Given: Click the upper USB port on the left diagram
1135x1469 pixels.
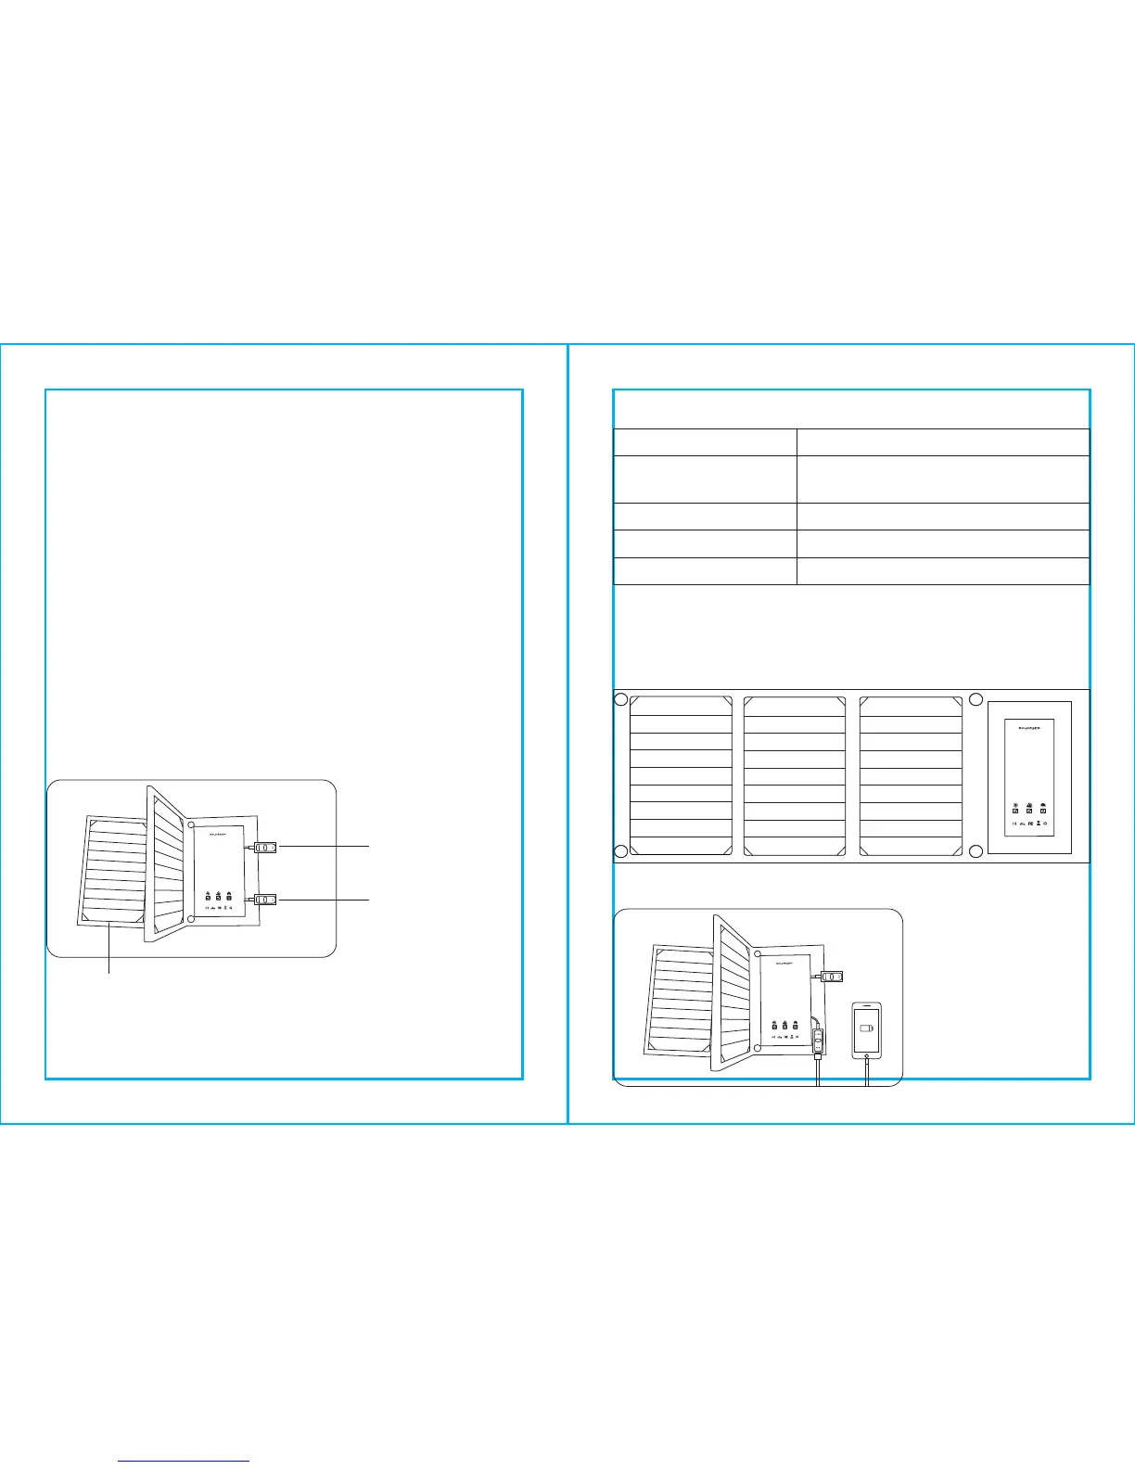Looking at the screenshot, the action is point(265,847).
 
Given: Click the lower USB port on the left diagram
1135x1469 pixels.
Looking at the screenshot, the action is point(265,899).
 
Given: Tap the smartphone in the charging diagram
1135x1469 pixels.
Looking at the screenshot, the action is point(866,1030).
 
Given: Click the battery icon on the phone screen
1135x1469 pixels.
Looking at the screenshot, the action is point(867,1028).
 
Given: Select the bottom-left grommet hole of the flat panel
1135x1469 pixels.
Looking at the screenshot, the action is point(622,851).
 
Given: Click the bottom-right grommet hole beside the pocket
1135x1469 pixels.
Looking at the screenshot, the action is point(976,851).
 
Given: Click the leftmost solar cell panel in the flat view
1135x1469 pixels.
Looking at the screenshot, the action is point(681,776).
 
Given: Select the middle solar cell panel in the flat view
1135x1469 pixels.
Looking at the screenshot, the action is point(795,776).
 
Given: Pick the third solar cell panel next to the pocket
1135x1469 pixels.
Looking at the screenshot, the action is point(911,776).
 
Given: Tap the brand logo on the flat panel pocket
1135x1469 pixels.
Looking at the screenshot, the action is point(1029,728).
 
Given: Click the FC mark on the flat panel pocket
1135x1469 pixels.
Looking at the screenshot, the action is point(1031,824).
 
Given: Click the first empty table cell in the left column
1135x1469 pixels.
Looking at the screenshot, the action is point(705,441).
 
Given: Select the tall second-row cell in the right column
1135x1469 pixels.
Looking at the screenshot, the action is point(942,479).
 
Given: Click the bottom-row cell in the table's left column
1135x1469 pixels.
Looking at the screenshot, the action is point(705,571).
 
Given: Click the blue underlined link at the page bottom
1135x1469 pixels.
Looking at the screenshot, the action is point(185,1461).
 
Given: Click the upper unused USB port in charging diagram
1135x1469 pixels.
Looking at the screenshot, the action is point(834,976).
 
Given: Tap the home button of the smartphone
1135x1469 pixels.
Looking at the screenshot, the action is point(866,1055).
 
